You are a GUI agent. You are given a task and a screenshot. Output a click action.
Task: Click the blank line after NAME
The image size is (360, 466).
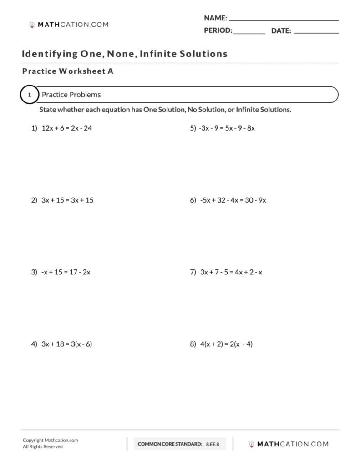point(284,19)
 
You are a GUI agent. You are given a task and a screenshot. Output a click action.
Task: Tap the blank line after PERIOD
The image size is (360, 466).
point(249,32)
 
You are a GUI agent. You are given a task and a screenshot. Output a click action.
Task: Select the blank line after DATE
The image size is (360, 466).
point(316,32)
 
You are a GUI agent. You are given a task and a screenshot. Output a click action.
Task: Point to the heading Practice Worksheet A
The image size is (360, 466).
point(67,71)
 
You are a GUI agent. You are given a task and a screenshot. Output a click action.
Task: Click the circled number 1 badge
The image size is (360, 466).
point(30,95)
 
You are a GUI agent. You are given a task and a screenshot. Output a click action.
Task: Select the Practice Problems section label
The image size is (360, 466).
point(71,95)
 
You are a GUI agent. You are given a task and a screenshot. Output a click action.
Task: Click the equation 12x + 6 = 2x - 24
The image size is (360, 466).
point(66,128)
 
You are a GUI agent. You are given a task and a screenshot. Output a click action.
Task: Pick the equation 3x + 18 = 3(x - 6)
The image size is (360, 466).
point(66,344)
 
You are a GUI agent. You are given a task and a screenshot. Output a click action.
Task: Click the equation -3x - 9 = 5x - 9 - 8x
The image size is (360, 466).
point(227,128)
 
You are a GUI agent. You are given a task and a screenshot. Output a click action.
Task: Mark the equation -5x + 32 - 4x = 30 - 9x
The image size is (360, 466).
point(233,200)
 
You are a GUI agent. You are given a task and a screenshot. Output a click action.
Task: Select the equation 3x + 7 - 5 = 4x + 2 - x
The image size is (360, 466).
point(231,272)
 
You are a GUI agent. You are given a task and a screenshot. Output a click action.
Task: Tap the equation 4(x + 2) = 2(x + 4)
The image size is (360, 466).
point(226,344)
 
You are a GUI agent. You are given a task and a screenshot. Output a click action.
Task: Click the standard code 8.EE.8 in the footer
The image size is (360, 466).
point(213,444)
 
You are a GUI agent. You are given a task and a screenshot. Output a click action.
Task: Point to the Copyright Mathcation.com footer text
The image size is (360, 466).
point(50,440)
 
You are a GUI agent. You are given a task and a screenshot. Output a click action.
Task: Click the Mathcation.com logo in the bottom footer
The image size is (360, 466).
point(288,444)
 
